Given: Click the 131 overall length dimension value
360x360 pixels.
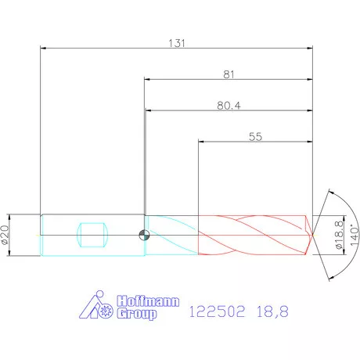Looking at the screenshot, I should pos(176,43).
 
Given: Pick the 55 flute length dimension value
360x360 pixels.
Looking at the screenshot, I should pos(255,136).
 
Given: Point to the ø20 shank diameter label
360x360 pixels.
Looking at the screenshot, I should pos(8,234).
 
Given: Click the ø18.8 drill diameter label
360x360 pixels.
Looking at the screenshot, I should pos(338,234).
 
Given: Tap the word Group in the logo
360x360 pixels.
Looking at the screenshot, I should pos(136,314).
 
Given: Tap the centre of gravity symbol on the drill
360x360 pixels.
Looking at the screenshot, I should pos(142,235).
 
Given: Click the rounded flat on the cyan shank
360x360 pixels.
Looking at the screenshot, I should pos(92,235).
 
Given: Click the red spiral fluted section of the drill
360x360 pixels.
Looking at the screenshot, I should pos(250,235).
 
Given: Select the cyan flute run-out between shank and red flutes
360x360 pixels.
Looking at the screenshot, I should pos(172,235).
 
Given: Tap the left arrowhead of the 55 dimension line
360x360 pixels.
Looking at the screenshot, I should pos(203,142).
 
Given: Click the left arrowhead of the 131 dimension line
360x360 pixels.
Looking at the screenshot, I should pos(44,49).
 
